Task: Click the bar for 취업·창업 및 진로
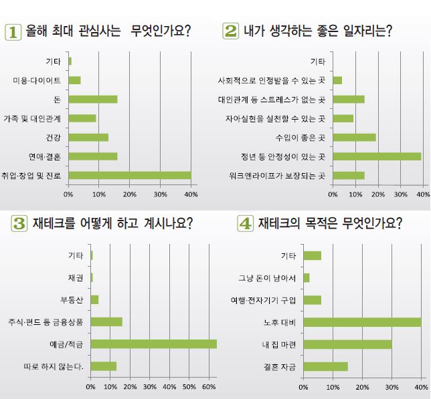[x=129, y=176]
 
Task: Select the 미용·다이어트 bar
[x=74, y=80]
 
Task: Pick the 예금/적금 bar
[x=153, y=344]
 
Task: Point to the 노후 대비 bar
[x=362, y=322]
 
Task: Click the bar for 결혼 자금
[x=325, y=366]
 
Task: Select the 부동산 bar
[x=94, y=299]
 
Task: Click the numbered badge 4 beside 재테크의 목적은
[x=245, y=223]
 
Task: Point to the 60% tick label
[x=209, y=387]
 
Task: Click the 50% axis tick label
[x=189, y=387]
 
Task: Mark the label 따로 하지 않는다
[x=53, y=366]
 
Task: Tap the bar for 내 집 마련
[x=347, y=344]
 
